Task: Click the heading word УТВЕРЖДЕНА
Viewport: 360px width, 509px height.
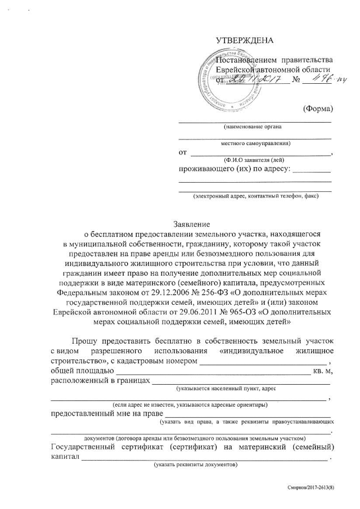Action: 244,40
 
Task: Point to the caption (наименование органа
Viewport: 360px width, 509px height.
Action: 253,127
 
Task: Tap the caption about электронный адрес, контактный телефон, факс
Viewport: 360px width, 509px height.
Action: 255,196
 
